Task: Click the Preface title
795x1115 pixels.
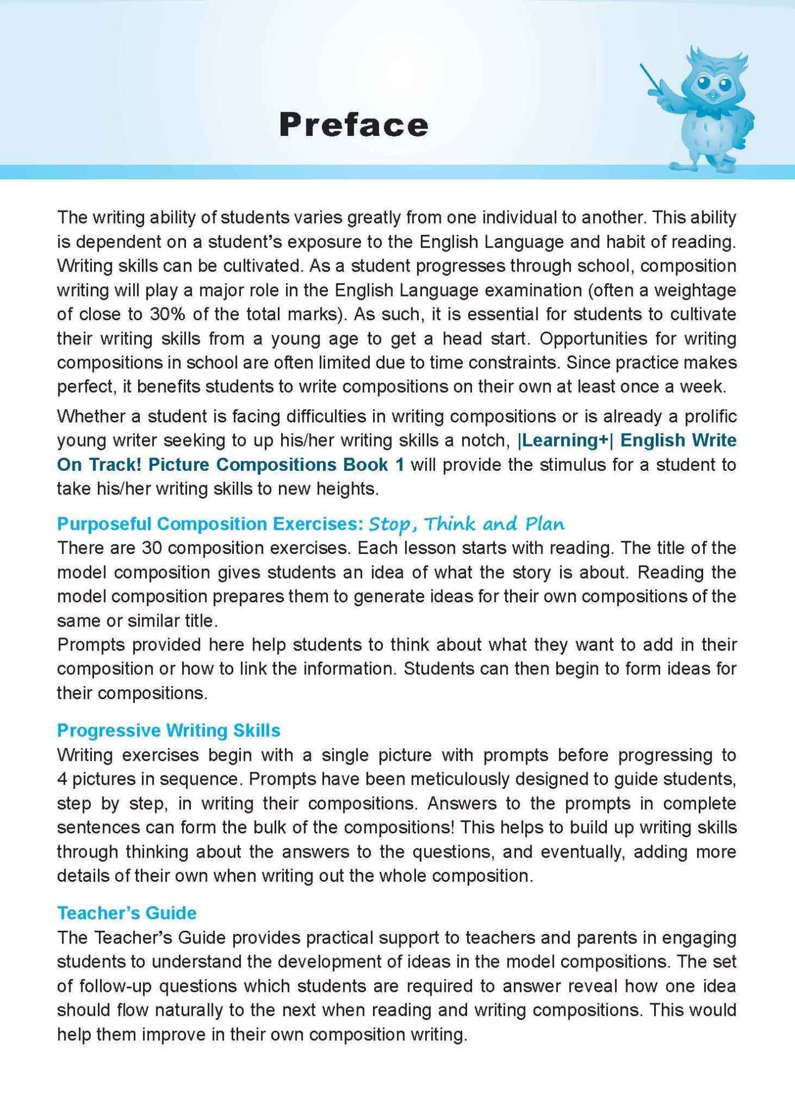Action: [353, 125]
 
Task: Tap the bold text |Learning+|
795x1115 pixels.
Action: [564, 440]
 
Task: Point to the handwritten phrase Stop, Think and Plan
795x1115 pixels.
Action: [467, 524]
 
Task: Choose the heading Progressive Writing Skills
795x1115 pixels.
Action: [168, 730]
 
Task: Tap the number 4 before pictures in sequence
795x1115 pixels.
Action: [62, 779]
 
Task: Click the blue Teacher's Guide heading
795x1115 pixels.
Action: [127, 913]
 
